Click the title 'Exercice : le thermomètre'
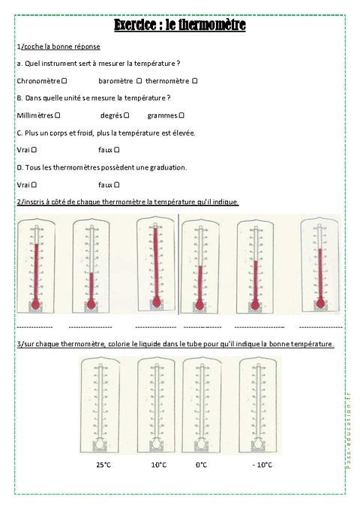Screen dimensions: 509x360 click(x=180, y=25)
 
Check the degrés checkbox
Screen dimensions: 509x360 click(x=127, y=115)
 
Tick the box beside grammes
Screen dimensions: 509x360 click(x=181, y=115)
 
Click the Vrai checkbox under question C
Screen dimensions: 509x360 click(x=35, y=150)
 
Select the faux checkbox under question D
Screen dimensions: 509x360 click(x=117, y=184)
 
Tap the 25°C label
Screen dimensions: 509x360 click(x=104, y=465)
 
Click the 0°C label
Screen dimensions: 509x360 click(x=201, y=465)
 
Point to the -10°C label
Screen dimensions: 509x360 click(x=262, y=465)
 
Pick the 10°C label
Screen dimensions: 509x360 click(x=159, y=465)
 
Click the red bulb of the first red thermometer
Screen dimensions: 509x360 click(x=34, y=304)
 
